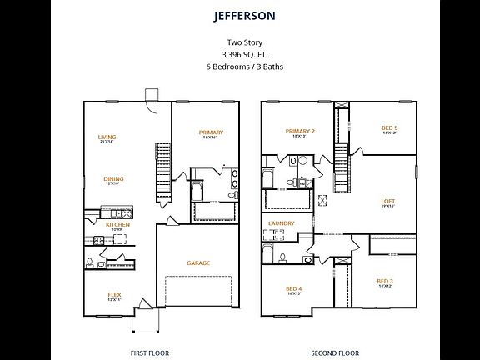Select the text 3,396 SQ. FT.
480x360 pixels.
(239, 53)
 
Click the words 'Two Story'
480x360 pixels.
(239, 42)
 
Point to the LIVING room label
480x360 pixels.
(107, 137)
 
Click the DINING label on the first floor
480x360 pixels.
(113, 177)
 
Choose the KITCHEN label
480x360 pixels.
(117, 224)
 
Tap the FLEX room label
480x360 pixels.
(114, 294)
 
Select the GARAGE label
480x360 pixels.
(197, 262)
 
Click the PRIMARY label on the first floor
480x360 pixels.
(211, 132)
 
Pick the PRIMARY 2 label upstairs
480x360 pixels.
(300, 131)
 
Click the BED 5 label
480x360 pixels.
(389, 127)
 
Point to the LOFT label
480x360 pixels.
(387, 200)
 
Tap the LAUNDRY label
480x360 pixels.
(282, 223)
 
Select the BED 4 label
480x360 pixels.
(293, 288)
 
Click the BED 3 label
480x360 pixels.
(384, 281)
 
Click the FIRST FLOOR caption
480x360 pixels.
(150, 352)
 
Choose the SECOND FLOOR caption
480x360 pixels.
(335, 352)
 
